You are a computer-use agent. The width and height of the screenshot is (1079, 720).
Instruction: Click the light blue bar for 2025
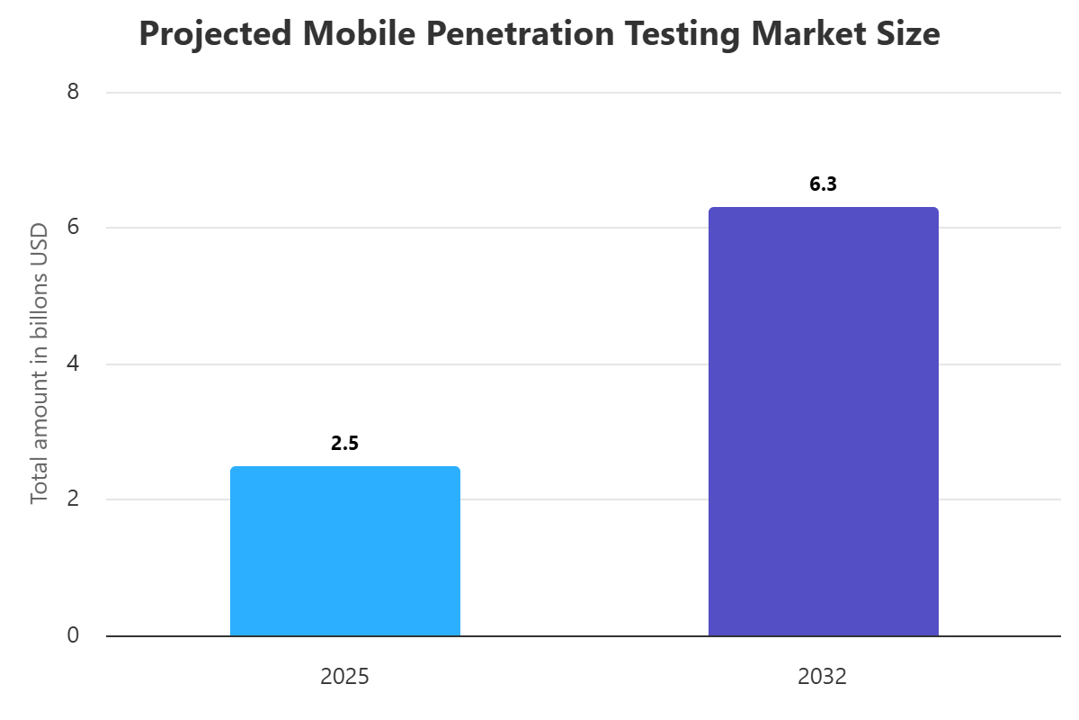coord(345,551)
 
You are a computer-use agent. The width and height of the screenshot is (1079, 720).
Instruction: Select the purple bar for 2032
coord(823,421)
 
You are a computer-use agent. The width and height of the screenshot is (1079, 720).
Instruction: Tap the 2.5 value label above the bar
coord(345,443)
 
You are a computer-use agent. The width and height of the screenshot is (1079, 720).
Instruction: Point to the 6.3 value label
coord(823,184)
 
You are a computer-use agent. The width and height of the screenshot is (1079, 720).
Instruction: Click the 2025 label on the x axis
coord(345,677)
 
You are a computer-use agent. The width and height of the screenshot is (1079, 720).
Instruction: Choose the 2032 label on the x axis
coord(823,677)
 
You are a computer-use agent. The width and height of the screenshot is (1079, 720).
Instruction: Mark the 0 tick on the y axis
coord(73,635)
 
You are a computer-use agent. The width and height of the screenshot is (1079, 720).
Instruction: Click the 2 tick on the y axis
coord(73,499)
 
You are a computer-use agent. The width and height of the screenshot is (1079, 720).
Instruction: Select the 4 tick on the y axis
coord(73,364)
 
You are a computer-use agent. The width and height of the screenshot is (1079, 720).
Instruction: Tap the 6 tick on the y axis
coord(73,228)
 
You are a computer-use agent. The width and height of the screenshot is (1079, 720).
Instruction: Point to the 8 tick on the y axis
coord(73,92)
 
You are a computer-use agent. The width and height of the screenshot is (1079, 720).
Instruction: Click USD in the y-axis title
coord(40,238)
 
